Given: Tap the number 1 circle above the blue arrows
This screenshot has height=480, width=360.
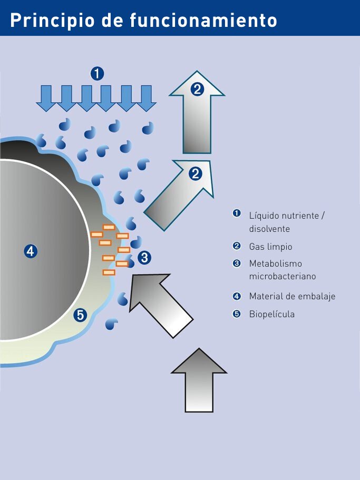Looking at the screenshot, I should (97, 73).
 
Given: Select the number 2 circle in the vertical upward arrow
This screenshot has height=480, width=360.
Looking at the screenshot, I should (197, 89).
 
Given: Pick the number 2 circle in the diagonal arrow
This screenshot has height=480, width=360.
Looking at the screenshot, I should (195, 173).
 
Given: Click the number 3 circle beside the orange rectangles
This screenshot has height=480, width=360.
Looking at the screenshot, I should (144, 258).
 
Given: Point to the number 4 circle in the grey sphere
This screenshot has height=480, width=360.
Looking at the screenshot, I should (31, 251).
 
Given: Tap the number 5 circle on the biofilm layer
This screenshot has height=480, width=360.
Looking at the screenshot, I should (80, 315).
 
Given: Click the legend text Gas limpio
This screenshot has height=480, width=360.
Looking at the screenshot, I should (270, 247).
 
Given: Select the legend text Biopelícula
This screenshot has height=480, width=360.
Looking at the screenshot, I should (271, 315).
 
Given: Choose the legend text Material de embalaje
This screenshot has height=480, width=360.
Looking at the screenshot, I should (292, 296).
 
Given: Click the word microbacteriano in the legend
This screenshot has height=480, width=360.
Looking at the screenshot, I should (282, 276).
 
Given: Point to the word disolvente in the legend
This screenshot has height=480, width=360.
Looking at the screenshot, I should (269, 229).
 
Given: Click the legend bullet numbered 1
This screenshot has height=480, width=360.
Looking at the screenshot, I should (237, 213).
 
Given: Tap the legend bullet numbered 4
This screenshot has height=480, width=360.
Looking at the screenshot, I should (237, 296).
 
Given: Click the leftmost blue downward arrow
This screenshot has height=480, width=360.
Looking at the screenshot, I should (46, 98).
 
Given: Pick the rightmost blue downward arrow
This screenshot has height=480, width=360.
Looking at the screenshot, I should (146, 98).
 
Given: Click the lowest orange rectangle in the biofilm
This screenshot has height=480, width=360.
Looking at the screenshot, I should (109, 272).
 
